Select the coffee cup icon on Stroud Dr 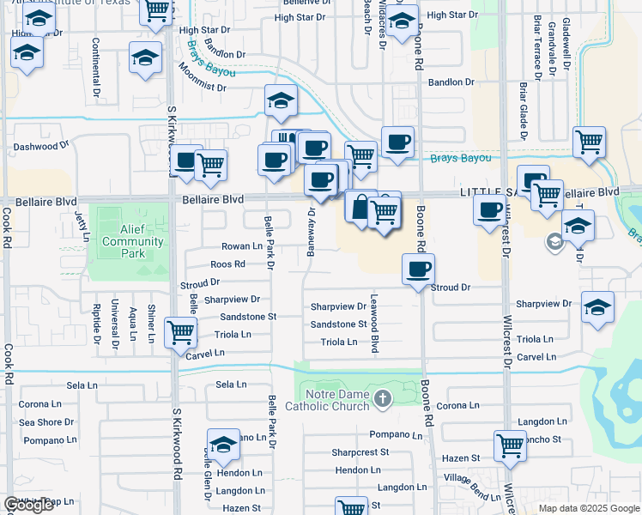(x=418, y=270)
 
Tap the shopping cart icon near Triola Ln (x=180, y=330)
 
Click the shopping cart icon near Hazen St (x=510, y=445)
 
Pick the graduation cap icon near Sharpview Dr (x=597, y=307)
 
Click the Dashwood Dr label (x=40, y=147)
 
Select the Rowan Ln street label (x=241, y=246)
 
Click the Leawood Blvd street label (x=374, y=324)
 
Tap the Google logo (x=28, y=505)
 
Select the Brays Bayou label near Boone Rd (x=461, y=158)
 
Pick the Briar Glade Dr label (x=522, y=110)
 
